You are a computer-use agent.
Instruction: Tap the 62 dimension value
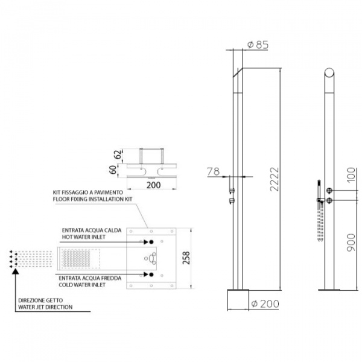(117, 153)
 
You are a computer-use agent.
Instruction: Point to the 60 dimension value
(112, 170)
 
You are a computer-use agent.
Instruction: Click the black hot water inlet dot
(150, 242)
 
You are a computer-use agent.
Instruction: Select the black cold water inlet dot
(150, 275)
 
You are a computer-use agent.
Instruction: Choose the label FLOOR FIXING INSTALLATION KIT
(91, 198)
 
